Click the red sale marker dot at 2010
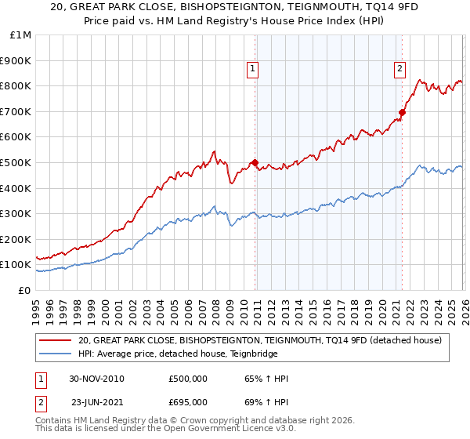pyautogui.click(x=255, y=163)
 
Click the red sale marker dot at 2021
pyautogui.click(x=402, y=113)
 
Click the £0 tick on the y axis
pyautogui.click(x=24, y=290)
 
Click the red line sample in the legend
pyautogui.click(x=55, y=340)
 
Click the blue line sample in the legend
pyautogui.click(x=55, y=354)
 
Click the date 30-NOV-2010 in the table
pyautogui.click(x=96, y=379)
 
